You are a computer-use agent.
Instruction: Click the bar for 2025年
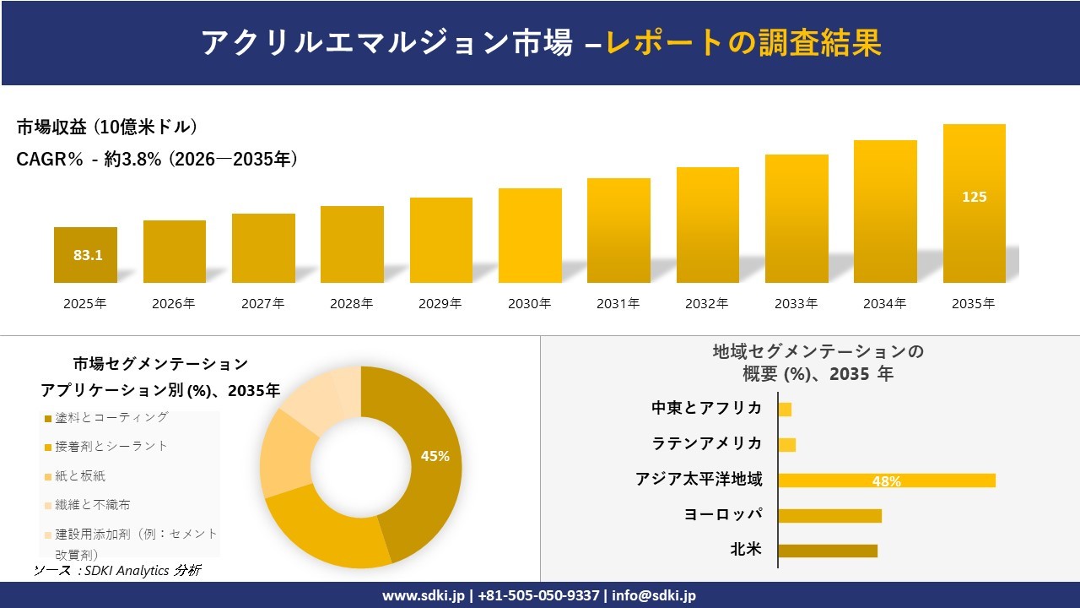(x=85, y=255)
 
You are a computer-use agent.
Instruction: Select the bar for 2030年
(x=530, y=236)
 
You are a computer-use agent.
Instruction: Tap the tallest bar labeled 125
(x=974, y=204)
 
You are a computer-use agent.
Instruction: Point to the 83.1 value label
(x=88, y=255)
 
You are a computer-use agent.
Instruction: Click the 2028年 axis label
(x=352, y=304)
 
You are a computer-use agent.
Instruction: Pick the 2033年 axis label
(x=796, y=304)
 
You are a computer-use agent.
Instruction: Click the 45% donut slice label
(x=435, y=456)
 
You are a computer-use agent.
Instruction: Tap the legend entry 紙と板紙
(x=80, y=476)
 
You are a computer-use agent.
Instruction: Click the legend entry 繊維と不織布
(x=93, y=505)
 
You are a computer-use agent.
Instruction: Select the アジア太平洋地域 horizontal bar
(x=886, y=480)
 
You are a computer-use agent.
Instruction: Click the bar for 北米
(x=828, y=551)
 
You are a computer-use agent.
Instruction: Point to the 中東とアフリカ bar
(x=785, y=410)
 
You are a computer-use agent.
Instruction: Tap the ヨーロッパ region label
(x=723, y=514)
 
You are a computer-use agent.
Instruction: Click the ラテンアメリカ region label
(x=706, y=443)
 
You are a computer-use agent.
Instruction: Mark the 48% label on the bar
(x=886, y=481)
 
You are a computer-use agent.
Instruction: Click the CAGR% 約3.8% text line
(x=157, y=160)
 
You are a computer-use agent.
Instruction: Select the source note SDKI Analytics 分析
(x=117, y=571)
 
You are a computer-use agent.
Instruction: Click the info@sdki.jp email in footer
(x=653, y=595)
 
